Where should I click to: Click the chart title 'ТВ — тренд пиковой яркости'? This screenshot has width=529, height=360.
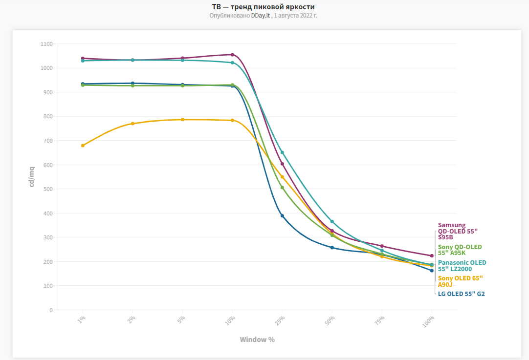point(264,7)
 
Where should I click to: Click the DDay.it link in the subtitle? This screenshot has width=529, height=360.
point(261,16)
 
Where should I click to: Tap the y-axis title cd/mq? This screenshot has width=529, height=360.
point(32,177)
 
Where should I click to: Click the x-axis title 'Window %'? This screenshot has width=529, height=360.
point(257,339)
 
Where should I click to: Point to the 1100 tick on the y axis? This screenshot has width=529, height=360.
point(46,44)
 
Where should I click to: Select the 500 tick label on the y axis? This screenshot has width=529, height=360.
point(47,189)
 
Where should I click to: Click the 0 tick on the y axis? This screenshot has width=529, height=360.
point(50,310)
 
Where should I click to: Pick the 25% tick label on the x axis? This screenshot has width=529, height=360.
point(280,321)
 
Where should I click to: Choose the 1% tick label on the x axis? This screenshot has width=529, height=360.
point(81,320)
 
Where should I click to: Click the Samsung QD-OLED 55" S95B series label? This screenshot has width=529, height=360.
point(458,231)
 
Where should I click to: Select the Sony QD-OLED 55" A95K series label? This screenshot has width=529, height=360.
point(460,250)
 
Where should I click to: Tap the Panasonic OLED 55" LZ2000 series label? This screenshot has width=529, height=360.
point(462,266)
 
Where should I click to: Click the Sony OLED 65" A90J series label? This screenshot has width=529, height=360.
point(460,281)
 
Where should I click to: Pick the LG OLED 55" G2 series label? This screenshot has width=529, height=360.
point(461,294)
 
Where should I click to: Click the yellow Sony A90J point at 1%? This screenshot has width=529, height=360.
point(83,146)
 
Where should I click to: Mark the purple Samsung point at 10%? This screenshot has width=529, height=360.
point(232,55)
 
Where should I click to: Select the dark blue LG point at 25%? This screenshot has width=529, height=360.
point(282,216)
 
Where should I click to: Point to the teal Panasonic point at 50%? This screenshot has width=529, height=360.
point(332,222)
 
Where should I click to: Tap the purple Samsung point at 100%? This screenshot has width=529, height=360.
point(432,255)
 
